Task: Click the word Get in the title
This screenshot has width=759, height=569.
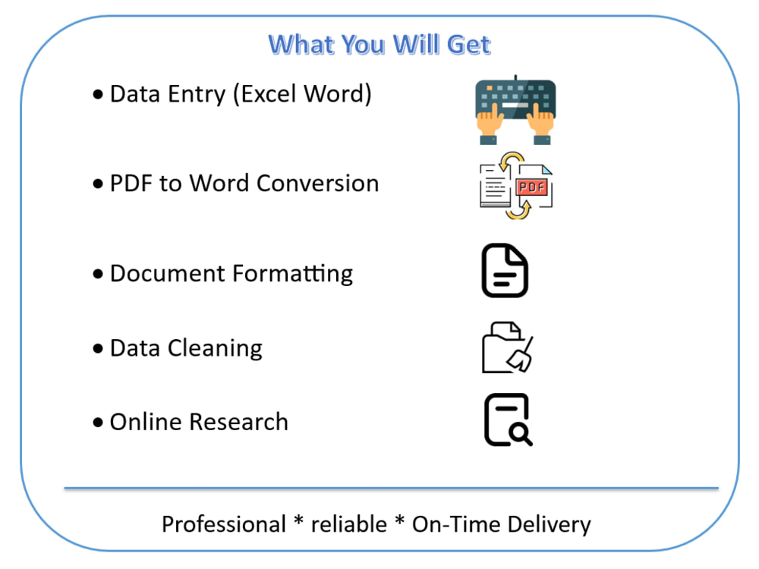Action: [x=468, y=45]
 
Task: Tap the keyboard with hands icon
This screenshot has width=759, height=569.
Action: [x=515, y=110]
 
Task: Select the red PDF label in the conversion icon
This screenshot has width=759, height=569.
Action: [x=531, y=187]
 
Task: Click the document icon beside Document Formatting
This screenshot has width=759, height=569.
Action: [x=505, y=270]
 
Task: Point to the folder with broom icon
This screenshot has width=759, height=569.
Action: [x=507, y=347]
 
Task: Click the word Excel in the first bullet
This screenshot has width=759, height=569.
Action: [x=268, y=94]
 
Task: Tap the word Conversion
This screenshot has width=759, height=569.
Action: [x=317, y=184]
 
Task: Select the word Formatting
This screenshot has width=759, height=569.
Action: [x=292, y=275]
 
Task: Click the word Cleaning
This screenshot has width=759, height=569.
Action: [x=215, y=349]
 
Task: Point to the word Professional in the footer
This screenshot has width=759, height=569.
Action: [x=224, y=525]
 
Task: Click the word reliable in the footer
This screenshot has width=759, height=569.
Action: [x=348, y=524]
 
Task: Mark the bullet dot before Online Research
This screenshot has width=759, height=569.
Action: [x=98, y=423]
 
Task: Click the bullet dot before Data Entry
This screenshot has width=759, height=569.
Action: [x=98, y=94]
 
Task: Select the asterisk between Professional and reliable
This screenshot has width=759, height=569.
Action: [x=298, y=521]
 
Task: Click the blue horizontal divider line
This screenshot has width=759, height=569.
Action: [x=391, y=488]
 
